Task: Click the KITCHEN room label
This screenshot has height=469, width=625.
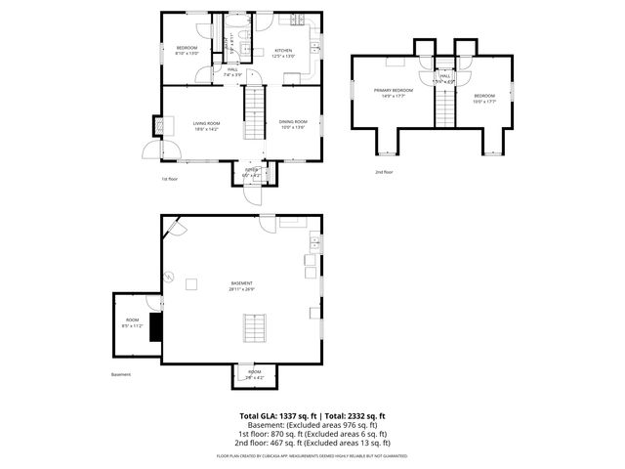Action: (x=283, y=52)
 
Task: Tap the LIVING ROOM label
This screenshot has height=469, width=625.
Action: (x=206, y=125)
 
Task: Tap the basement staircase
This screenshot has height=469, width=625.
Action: (x=256, y=327)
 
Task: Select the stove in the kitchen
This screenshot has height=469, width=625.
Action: (x=291, y=21)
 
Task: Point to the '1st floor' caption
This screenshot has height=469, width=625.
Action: (x=171, y=179)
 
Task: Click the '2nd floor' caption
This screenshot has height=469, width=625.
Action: (x=384, y=172)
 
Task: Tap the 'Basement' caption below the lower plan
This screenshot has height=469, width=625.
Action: (x=121, y=374)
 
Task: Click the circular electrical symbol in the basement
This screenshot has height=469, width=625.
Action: (x=167, y=277)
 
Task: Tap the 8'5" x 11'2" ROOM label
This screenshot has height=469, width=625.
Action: (x=131, y=323)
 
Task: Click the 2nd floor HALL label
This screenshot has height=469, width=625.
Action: (x=445, y=78)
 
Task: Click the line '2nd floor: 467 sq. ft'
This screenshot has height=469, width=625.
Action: (x=312, y=442)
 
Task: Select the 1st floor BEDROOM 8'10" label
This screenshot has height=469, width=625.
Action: (x=186, y=51)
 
